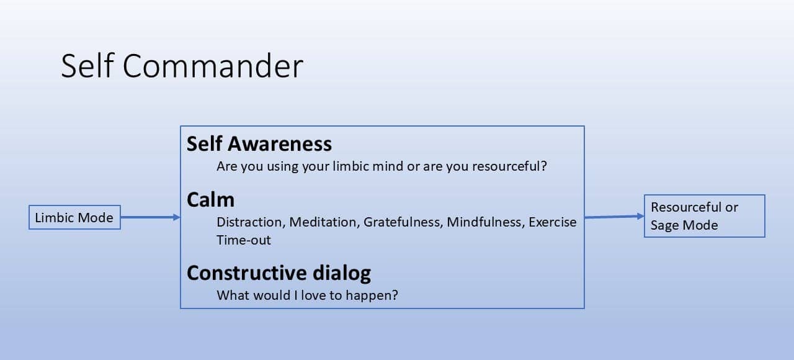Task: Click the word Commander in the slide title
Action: [x=213, y=66]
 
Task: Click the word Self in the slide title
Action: [x=87, y=65]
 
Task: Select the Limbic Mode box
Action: [x=74, y=217]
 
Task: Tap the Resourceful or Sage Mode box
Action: [x=704, y=215]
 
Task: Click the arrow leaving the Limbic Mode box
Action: [x=150, y=217]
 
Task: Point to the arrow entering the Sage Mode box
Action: [x=614, y=217]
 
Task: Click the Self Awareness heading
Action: [x=259, y=144]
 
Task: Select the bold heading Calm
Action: [x=210, y=200]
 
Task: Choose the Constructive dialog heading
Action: [x=279, y=273]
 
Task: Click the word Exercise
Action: [x=553, y=222]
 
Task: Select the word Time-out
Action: [x=244, y=240]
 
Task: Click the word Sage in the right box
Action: [x=664, y=225]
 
